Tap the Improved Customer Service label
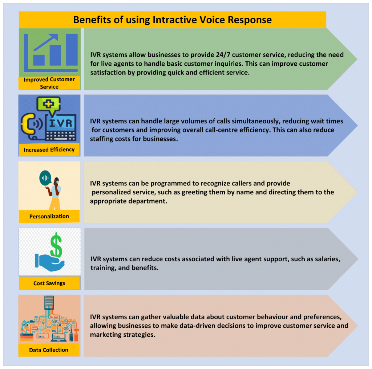(49, 83)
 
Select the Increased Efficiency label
(49, 149)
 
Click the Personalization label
(49, 216)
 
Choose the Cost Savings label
(49, 283)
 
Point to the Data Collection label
(49, 350)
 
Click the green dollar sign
(56, 245)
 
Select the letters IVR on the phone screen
(61, 123)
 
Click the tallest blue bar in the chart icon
(72, 50)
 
